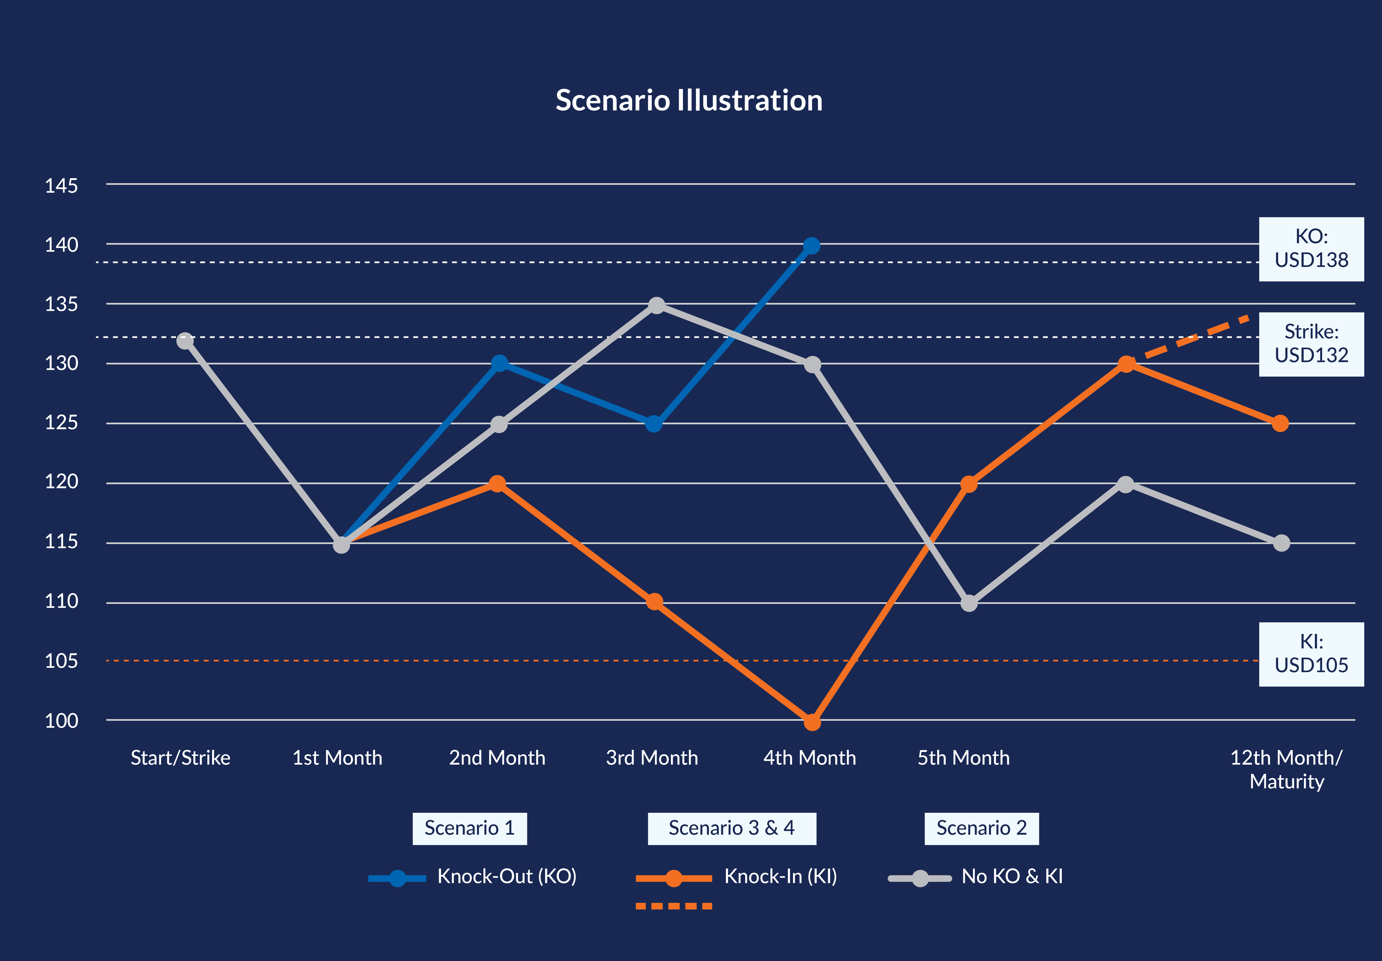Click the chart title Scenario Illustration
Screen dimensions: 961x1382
tap(689, 101)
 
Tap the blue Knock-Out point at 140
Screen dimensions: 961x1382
tap(812, 246)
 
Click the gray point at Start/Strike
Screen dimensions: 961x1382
tap(185, 341)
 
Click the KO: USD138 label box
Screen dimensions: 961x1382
tap(1311, 249)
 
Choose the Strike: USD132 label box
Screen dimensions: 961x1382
tap(1311, 344)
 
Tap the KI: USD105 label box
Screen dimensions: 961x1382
tap(1311, 654)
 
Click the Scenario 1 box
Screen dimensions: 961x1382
tap(469, 828)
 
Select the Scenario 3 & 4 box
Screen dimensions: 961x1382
tap(732, 828)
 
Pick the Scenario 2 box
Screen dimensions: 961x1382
tap(981, 828)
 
